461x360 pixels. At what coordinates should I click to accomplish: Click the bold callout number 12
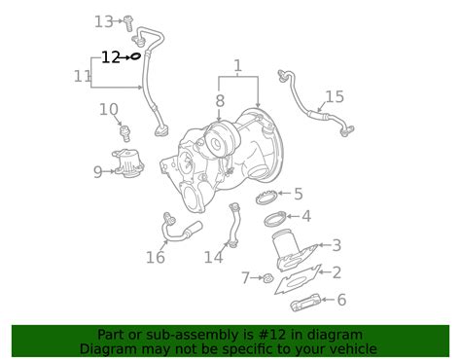[111, 57]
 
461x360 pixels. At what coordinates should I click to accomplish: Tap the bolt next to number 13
[129, 23]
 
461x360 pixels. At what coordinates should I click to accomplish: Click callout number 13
[104, 22]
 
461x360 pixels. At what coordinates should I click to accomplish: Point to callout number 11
[83, 77]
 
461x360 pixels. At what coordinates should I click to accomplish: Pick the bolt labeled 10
[125, 133]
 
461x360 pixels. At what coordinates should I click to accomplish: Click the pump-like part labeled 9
[128, 162]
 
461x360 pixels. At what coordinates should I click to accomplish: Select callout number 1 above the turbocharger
[238, 66]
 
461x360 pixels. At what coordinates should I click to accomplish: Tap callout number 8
[220, 100]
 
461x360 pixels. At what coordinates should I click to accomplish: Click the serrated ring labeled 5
[266, 198]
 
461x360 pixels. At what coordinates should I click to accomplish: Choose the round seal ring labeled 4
[275, 219]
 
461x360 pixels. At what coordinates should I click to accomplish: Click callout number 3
[337, 245]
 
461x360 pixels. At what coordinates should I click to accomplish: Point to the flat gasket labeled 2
[298, 279]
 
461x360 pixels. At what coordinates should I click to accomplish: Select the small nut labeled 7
[268, 278]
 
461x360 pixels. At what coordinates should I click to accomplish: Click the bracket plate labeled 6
[305, 303]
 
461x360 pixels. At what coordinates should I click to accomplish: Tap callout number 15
[335, 96]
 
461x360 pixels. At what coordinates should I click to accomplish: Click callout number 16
[156, 258]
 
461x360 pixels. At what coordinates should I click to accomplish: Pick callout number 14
[214, 258]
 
